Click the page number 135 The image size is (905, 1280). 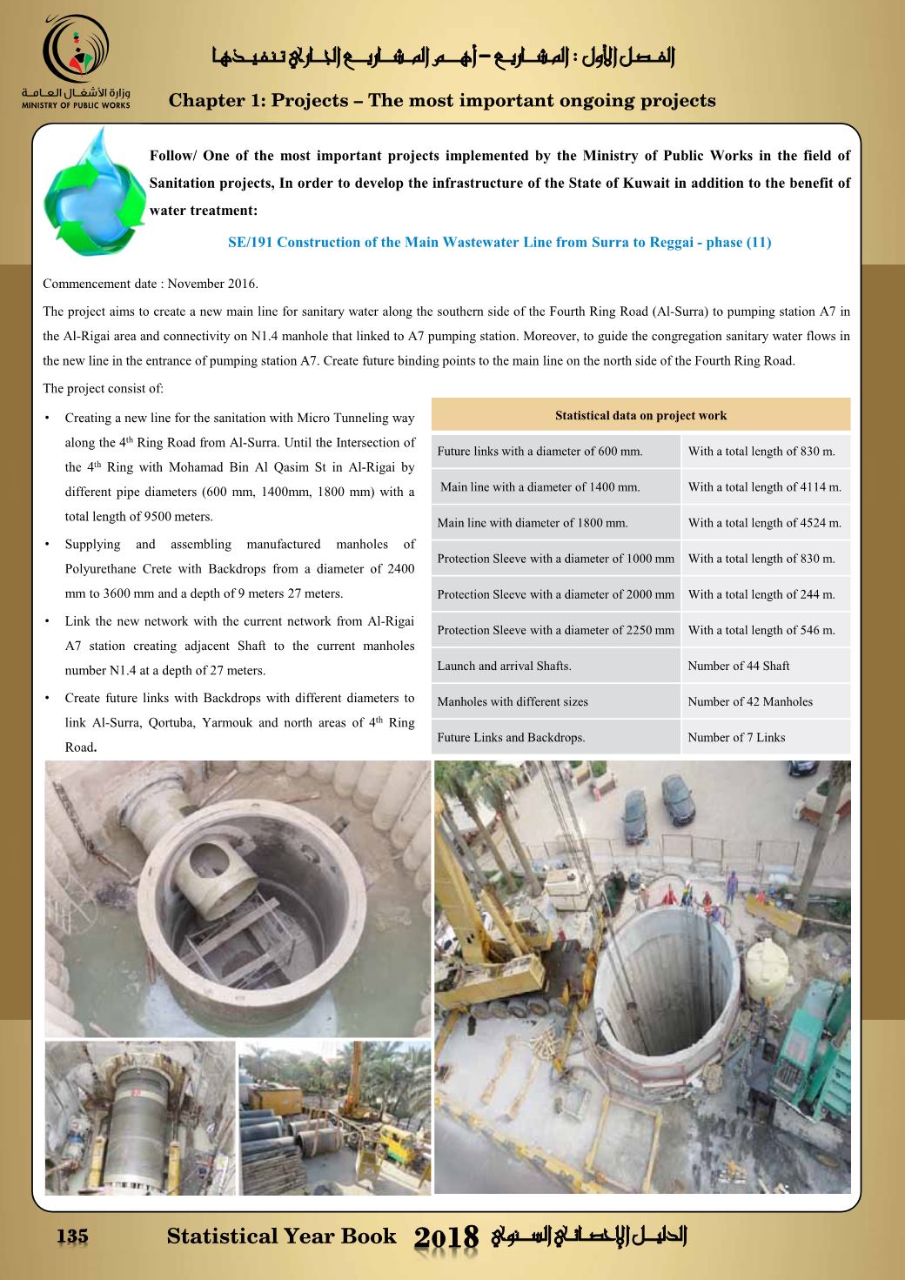[72, 1236]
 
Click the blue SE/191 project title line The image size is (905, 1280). [499, 242]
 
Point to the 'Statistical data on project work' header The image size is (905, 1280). [640, 415]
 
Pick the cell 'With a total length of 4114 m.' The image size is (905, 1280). [764, 487]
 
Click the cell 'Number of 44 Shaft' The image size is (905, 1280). [738, 666]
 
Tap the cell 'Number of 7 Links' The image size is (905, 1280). [735, 737]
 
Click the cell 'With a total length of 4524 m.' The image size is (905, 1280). [764, 523]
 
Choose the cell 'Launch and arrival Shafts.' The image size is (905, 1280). [504, 666]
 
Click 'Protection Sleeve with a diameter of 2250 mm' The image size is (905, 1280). [555, 630]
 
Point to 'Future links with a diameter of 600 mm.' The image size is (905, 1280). [540, 452]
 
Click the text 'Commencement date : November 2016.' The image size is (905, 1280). [151, 284]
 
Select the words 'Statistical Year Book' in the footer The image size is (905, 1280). [281, 1236]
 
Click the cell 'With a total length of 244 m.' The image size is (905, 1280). [761, 594]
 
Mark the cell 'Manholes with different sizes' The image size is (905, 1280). [512, 701]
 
